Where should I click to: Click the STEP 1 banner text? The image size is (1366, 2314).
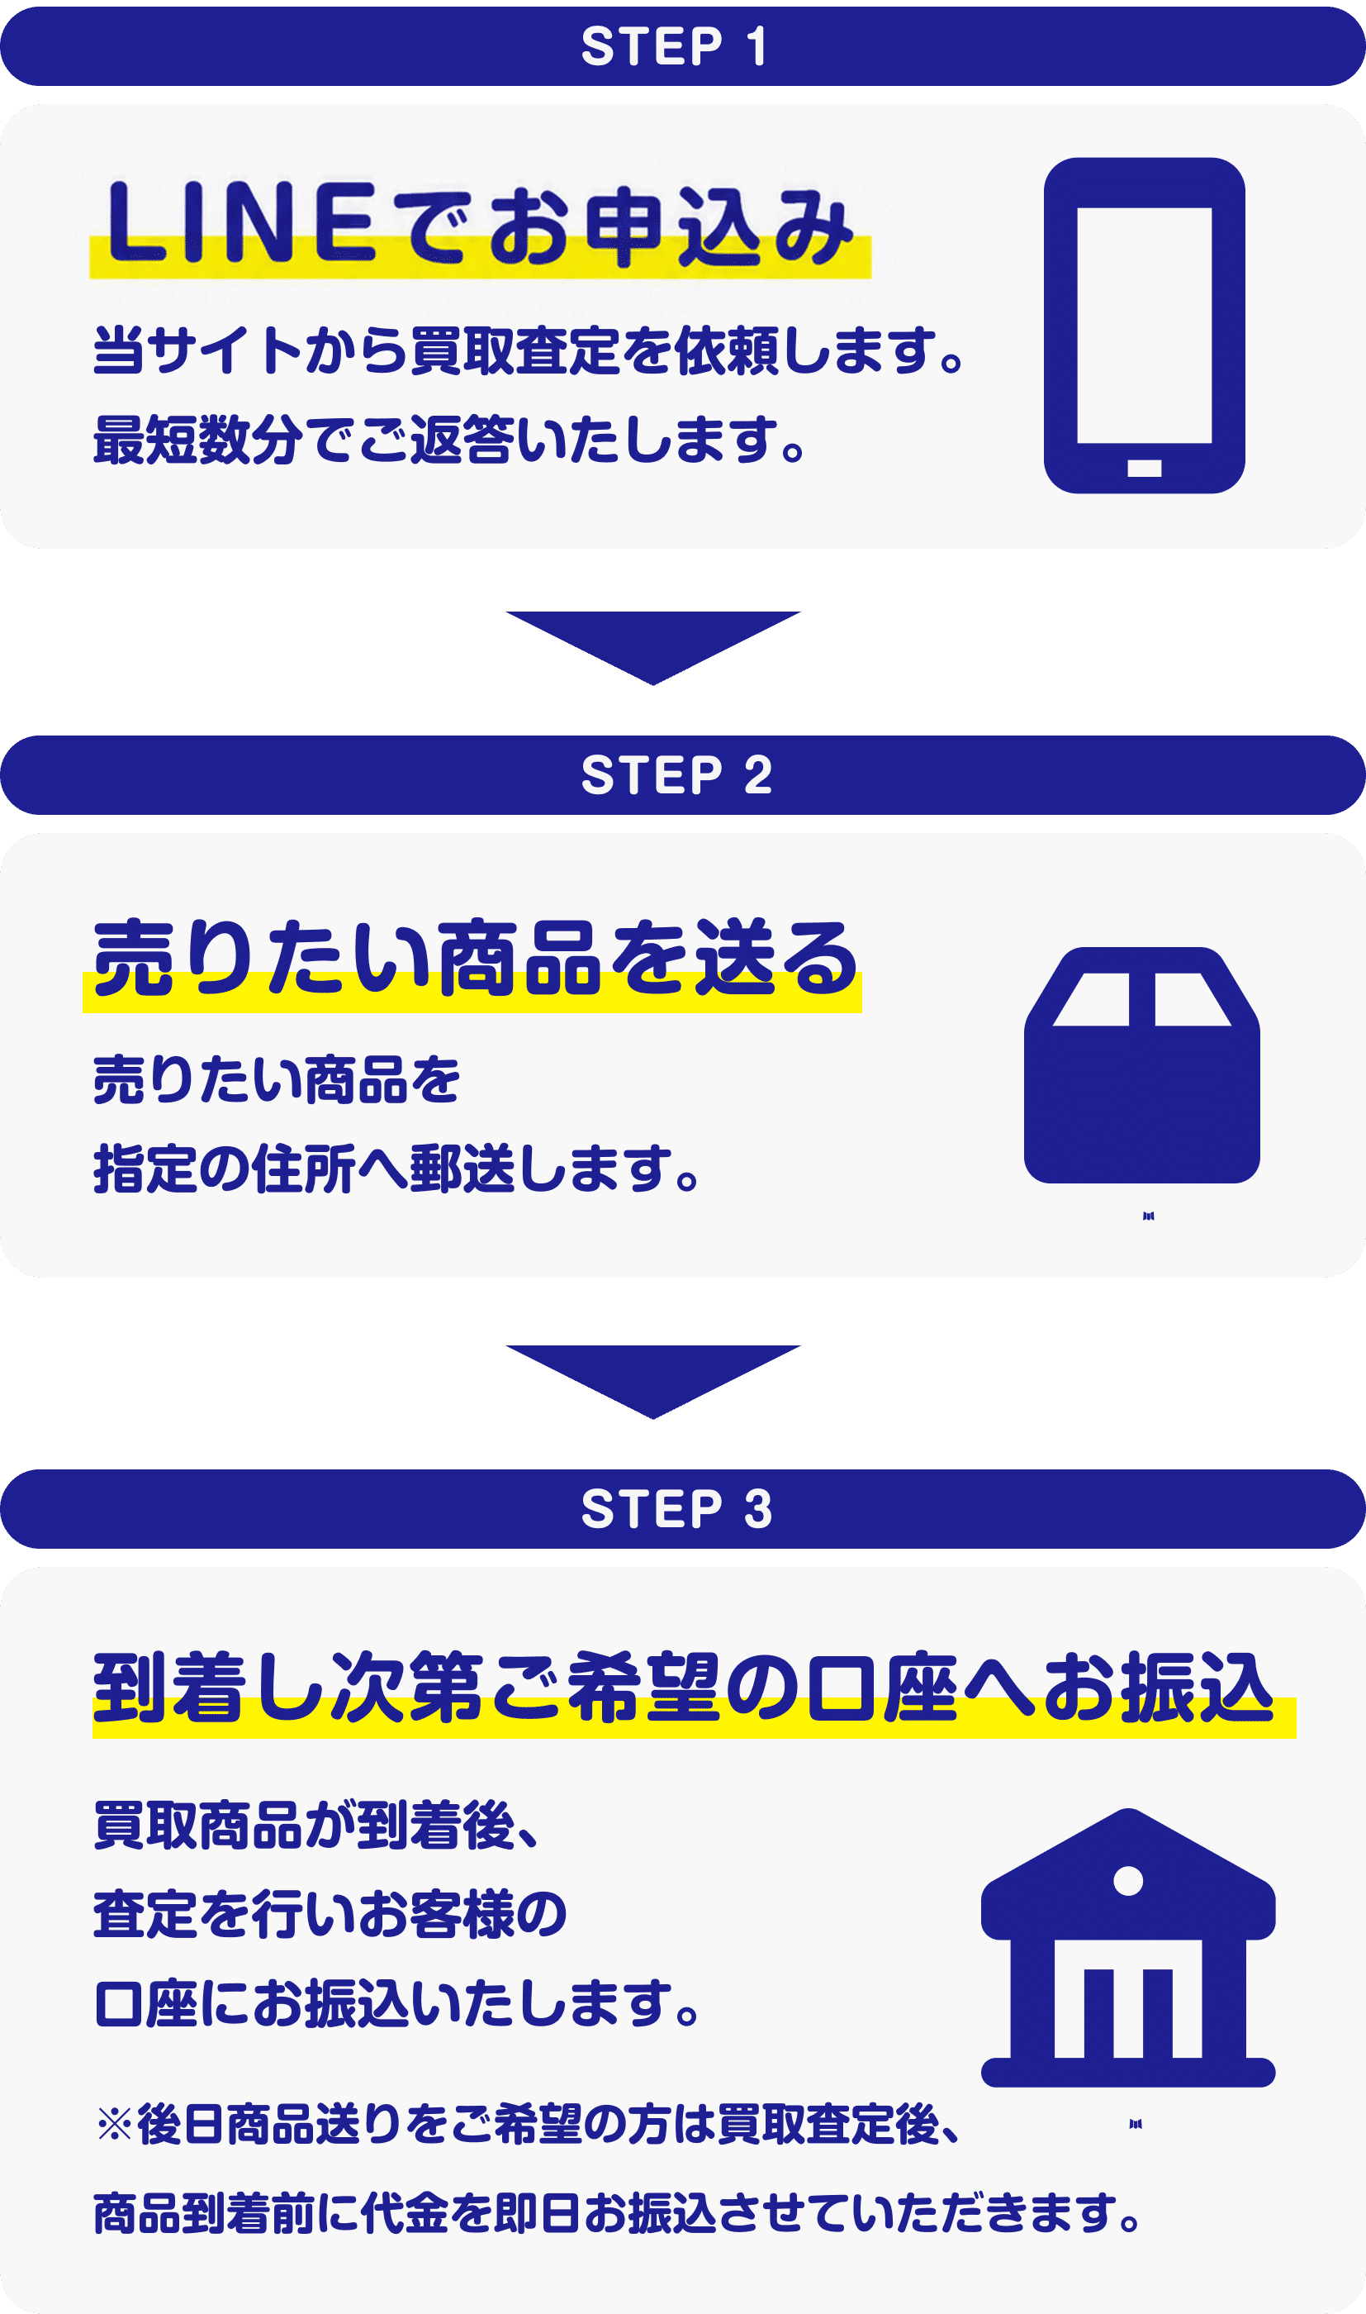coord(674,46)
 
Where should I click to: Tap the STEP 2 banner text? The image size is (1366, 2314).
coord(676,774)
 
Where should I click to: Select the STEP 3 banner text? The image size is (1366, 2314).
coord(676,1508)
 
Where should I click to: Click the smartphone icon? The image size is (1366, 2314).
coord(1144,325)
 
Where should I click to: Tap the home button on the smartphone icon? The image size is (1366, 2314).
coord(1144,468)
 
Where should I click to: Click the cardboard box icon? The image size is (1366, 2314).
coord(1141,1064)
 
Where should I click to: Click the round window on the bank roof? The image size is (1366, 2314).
coord(1127,1881)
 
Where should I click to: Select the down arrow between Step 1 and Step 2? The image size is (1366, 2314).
coord(652,647)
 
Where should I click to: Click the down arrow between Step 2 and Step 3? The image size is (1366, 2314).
coord(652,1381)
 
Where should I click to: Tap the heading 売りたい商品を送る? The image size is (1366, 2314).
coord(475,958)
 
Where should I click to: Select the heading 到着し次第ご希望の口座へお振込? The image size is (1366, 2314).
coord(683,1687)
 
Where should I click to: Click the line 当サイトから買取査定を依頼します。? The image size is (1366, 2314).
coord(529,351)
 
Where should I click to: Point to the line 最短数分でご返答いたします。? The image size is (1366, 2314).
coord(451,439)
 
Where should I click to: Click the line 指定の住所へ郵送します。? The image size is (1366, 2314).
coord(397,1169)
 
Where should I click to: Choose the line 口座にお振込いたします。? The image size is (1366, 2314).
coord(397,2002)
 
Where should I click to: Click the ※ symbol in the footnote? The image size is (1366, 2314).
coord(114,2126)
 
